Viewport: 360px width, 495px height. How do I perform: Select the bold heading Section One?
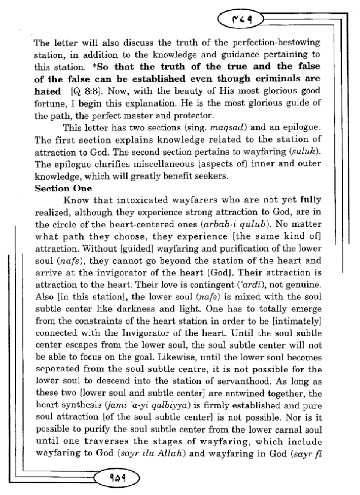click(x=63, y=188)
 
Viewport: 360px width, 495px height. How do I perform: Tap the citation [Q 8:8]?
click(x=84, y=91)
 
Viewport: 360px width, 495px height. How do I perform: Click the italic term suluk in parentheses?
click(x=305, y=152)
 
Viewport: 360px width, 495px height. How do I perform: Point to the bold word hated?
click(x=48, y=91)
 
